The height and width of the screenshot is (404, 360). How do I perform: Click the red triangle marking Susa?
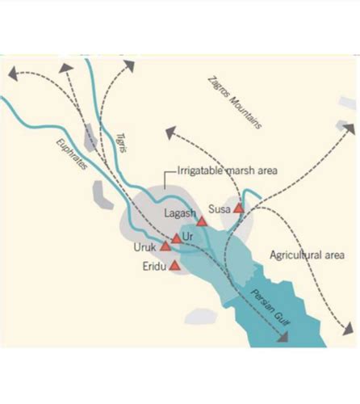coord(238,208)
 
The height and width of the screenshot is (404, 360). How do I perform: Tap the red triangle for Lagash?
coord(202,221)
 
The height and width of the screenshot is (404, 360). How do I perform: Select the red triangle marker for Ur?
coord(177,238)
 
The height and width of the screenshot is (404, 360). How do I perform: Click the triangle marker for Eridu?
coord(174,264)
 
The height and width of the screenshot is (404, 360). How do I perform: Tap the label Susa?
coord(220,208)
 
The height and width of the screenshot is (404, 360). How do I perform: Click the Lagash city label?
coord(180,213)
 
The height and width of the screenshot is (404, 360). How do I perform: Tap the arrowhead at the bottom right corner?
coord(347,329)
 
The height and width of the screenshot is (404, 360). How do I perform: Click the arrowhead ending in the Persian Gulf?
coord(282,339)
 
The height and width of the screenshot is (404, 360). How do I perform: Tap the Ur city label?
coord(189,235)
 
